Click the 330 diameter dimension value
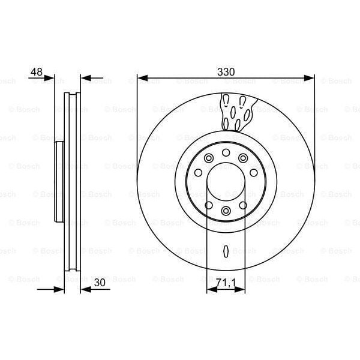226,71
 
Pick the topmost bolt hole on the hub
226,152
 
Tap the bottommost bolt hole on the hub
226,211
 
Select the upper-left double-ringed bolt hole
209,158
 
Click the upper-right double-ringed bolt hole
243,158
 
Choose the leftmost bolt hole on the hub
198,173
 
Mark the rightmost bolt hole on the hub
254,173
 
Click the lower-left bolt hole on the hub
209,205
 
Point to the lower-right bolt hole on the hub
243,205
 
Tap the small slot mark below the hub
226,251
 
